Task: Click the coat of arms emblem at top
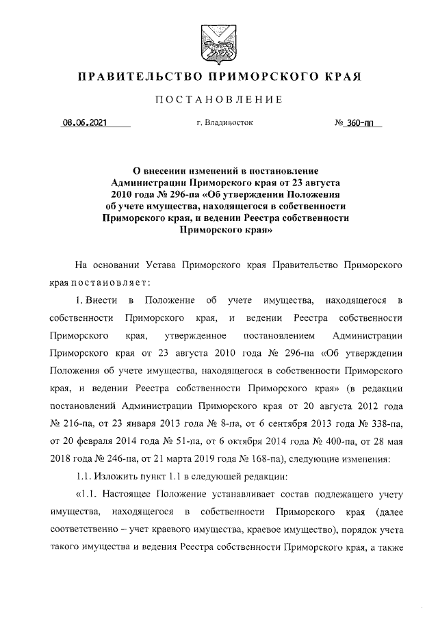pyautogui.click(x=218, y=41)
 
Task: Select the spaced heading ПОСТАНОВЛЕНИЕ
pyautogui.click(x=218, y=100)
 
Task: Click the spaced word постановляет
pyautogui.click(x=109, y=281)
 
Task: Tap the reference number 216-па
pyautogui.click(x=81, y=424)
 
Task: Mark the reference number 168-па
pyautogui.click(x=254, y=460)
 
